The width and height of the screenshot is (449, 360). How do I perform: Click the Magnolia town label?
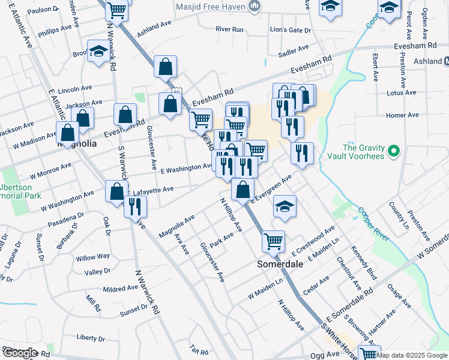(x=76, y=144)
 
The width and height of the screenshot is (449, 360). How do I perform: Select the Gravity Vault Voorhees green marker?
(x=394, y=150)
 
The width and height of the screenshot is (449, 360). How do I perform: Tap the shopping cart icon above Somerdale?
(x=273, y=241)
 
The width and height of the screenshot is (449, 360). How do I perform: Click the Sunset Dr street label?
(x=133, y=310)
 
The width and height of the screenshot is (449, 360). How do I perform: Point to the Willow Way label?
(x=93, y=257)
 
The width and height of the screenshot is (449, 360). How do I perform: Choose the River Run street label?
(x=229, y=29)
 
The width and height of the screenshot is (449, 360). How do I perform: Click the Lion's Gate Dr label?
(x=291, y=30)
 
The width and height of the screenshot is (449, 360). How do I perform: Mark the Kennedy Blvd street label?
(x=364, y=263)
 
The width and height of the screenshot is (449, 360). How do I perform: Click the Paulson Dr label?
(x=43, y=10)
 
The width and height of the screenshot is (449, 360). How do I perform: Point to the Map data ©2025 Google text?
(x=412, y=355)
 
